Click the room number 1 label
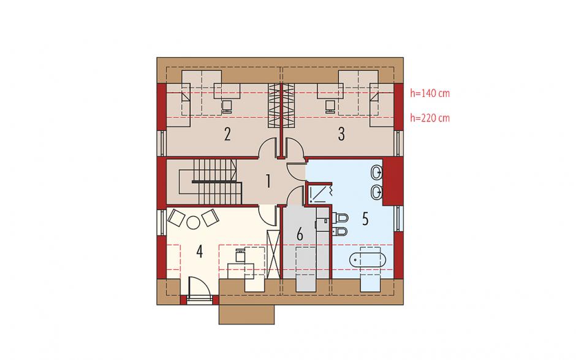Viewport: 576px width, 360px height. click(x=268, y=182)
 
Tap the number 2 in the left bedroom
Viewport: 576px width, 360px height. click(x=227, y=134)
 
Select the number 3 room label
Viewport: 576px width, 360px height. click(x=341, y=134)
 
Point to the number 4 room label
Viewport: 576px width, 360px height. click(x=200, y=252)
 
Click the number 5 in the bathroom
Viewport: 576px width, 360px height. click(x=365, y=219)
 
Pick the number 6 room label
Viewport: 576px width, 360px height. click(x=300, y=234)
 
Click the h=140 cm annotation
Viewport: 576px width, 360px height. click(x=430, y=93)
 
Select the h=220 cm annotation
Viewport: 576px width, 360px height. click(x=430, y=118)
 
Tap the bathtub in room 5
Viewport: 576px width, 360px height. click(x=367, y=260)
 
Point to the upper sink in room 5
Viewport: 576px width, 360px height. click(x=377, y=172)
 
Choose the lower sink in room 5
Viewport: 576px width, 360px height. click(x=377, y=193)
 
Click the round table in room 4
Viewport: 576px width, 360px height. click(x=192, y=223)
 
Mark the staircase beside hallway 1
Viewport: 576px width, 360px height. click(x=210, y=182)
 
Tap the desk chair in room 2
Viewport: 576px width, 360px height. click(x=226, y=107)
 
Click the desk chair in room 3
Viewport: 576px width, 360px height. click(x=330, y=107)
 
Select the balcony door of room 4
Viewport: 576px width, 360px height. click(x=199, y=291)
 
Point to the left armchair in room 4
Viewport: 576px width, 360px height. click(x=176, y=217)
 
